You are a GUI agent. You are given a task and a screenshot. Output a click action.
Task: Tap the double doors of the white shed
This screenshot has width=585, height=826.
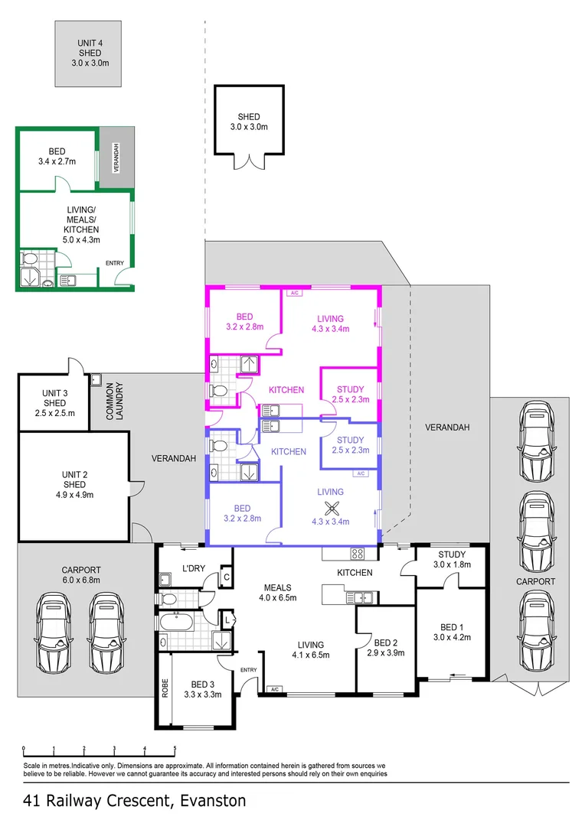[x=249, y=161]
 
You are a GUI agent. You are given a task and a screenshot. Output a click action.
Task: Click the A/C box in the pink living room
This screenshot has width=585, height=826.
[x=293, y=293]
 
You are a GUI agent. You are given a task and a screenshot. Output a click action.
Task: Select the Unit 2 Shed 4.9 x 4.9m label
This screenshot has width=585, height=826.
[x=74, y=485]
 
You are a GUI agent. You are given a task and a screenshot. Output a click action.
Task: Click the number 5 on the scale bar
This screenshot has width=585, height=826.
[x=175, y=750]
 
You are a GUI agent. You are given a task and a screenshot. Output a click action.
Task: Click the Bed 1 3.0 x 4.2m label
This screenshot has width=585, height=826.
[x=452, y=632]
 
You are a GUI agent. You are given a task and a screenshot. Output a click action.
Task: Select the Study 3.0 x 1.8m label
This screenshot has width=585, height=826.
[x=452, y=560]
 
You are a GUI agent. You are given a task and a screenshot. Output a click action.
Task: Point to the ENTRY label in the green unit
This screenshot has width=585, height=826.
[x=115, y=264]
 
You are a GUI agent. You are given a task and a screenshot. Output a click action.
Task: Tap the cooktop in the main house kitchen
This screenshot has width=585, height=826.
[x=358, y=553]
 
